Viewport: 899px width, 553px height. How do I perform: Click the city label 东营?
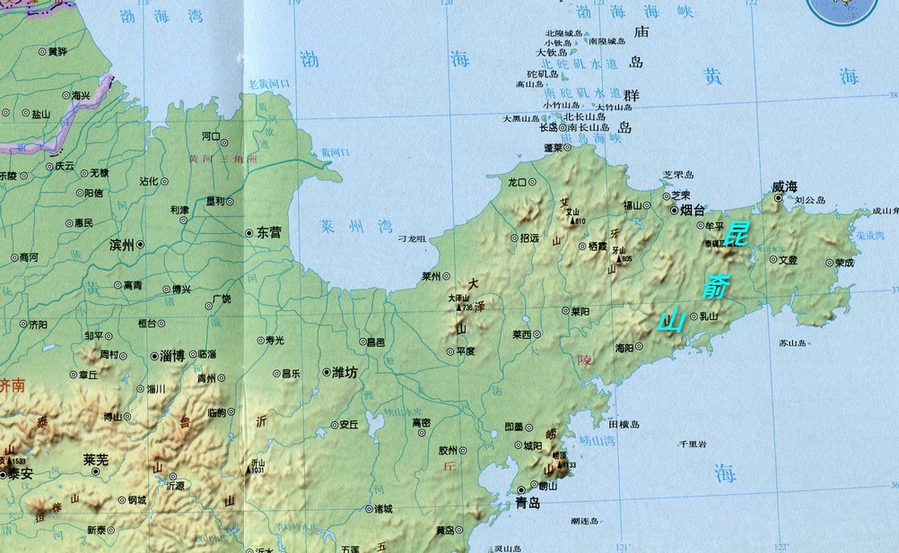coord(269,232)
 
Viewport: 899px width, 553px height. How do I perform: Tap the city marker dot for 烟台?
coord(674,210)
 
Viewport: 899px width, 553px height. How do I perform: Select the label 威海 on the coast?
coord(784,186)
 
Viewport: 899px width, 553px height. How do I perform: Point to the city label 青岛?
coord(528,504)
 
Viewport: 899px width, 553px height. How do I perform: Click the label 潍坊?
coord(345,372)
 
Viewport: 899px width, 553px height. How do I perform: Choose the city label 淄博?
coord(171,356)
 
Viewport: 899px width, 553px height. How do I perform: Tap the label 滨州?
coord(121,245)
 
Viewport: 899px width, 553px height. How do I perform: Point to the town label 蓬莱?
coord(553,147)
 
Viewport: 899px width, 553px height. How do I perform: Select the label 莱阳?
coord(580,311)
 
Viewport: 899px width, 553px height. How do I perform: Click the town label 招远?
coord(529,238)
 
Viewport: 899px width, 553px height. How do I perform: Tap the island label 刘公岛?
coord(809,201)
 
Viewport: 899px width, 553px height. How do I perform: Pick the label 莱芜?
coord(96,460)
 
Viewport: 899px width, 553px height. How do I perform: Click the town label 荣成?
coord(844,264)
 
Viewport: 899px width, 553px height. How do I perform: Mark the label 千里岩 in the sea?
coord(692,445)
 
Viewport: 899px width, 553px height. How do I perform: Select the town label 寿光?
coord(275,341)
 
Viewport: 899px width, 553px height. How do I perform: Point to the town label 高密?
coord(421,422)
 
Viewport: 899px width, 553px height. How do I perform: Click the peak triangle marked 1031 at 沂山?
coord(250,463)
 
